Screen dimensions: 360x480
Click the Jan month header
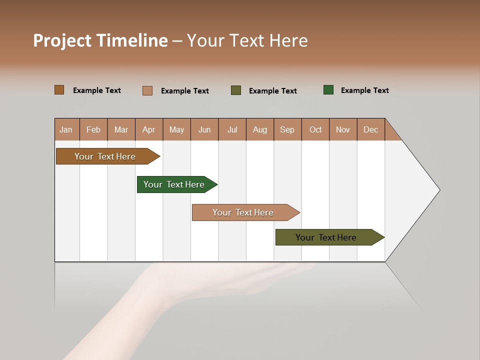point(66,129)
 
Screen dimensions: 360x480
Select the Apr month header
point(149,129)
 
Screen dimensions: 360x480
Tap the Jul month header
point(232,129)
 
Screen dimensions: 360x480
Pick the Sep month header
point(287,129)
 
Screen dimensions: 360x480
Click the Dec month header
point(370,129)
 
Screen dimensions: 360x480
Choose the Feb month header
point(93,129)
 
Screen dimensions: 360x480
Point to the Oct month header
point(315,129)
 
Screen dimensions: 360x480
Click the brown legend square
point(59,90)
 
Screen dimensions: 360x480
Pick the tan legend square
point(147,90)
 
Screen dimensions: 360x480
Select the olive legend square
point(236,90)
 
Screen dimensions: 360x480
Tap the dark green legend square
point(328,90)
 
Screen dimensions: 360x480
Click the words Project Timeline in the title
point(100,40)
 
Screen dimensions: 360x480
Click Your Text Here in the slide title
point(247,40)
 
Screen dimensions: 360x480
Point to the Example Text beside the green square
point(364,90)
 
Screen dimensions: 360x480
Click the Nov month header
point(343,129)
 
